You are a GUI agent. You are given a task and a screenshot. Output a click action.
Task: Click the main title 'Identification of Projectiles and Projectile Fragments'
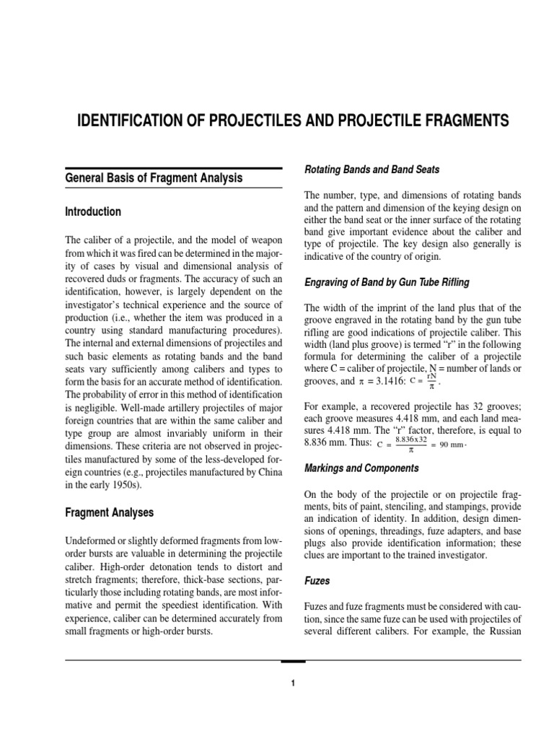292,121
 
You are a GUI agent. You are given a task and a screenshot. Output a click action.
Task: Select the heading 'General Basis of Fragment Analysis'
154,178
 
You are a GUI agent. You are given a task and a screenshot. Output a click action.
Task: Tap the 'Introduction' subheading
93,212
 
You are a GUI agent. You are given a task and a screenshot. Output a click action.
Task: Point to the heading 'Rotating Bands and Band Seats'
371,170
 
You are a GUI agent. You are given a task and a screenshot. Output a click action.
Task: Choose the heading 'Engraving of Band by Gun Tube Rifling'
387,281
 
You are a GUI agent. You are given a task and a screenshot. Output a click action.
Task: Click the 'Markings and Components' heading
361,468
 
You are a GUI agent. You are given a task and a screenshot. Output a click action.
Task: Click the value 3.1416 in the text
387,380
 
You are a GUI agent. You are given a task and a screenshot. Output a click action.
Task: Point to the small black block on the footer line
293,661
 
